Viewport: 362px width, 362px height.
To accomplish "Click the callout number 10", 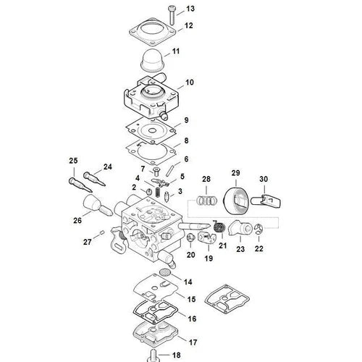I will [x=190, y=83].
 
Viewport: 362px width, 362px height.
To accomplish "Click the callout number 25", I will [x=72, y=160].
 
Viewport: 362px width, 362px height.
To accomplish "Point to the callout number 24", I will [x=108, y=167].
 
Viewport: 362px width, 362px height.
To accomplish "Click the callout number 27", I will [x=88, y=241].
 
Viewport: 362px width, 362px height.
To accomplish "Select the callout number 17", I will [x=192, y=342].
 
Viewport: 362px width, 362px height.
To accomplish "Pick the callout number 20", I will [x=191, y=256].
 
